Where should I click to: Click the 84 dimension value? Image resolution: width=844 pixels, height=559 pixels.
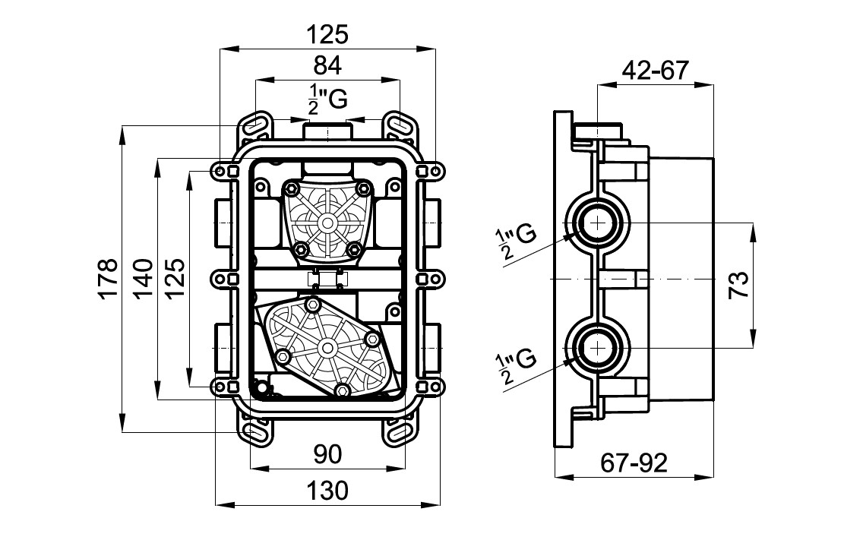pyautogui.click(x=327, y=65)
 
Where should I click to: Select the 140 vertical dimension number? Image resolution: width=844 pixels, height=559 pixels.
pyautogui.click(x=143, y=279)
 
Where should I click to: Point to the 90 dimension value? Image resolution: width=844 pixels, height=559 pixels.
pyautogui.click(x=327, y=455)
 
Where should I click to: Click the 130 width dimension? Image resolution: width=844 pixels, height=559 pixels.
pyautogui.click(x=327, y=491)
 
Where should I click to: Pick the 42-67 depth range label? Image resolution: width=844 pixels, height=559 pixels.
pyautogui.click(x=656, y=71)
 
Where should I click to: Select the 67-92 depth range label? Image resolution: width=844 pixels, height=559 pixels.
pyautogui.click(x=634, y=463)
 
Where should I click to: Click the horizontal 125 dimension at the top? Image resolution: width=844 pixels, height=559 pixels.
pyautogui.click(x=327, y=35)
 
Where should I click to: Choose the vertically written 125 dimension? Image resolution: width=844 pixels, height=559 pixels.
pyautogui.click(x=175, y=279)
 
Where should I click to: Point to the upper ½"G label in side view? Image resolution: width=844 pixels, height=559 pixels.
pyautogui.click(x=515, y=242)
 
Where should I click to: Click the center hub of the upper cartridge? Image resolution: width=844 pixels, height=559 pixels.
pyautogui.click(x=327, y=223)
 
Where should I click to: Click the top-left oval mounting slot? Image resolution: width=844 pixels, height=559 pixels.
pyautogui.click(x=254, y=125)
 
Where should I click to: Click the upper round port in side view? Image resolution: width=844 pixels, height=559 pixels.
pyautogui.click(x=597, y=223)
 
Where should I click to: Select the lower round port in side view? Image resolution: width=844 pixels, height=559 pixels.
pyautogui.click(x=597, y=348)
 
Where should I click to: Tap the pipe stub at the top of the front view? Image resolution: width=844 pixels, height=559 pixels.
pyautogui.click(x=327, y=132)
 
